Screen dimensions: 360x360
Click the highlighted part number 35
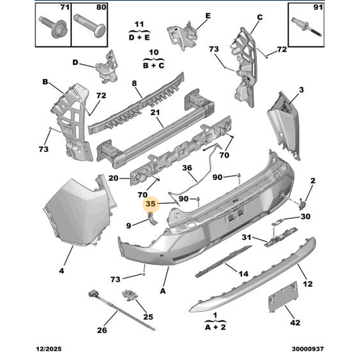click(150, 204)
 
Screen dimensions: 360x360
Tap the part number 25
click(148, 316)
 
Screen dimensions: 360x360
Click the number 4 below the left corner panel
click(60, 271)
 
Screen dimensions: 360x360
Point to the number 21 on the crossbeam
click(155, 112)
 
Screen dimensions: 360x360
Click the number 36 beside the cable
click(186, 170)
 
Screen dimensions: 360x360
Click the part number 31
click(246, 238)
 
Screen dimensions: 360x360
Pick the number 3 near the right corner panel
click(301, 89)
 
